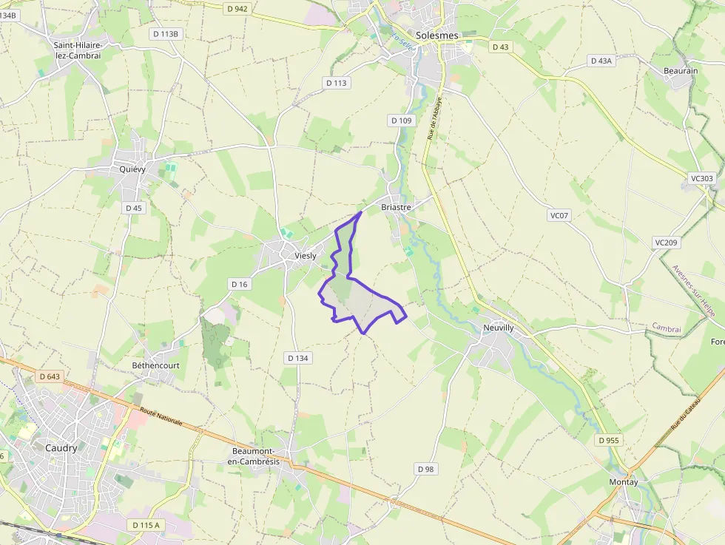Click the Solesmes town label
437,35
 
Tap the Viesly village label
306,256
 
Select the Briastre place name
396,208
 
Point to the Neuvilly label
498,327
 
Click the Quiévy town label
132,169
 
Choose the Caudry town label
61,447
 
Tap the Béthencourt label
155,365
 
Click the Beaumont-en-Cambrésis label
256,456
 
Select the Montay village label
623,481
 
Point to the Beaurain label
681,71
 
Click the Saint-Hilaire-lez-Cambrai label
77,50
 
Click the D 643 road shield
50,376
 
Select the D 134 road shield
297,358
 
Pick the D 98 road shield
425,469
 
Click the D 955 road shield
610,440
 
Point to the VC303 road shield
701,178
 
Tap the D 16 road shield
239,284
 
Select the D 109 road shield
400,120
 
